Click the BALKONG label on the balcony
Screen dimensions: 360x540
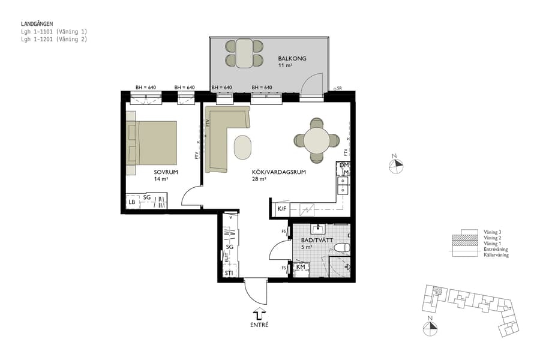tap(292, 58)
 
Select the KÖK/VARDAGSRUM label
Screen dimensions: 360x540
tap(279, 172)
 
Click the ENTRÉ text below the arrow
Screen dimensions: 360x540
tap(259, 325)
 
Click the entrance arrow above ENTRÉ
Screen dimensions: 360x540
tap(259, 314)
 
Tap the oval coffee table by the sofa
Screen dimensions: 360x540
tap(242, 147)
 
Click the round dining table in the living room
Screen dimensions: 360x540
tap(316, 141)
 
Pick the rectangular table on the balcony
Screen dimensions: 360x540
tap(244, 53)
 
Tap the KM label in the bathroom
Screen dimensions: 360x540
tap(301, 267)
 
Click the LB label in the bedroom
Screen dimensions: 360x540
tap(131, 202)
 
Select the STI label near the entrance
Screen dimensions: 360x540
tap(229, 274)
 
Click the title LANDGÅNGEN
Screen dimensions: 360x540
tap(37, 24)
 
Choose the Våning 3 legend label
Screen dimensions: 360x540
tap(492, 231)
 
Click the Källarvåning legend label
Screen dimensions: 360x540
tap(496, 255)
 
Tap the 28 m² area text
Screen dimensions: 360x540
tap(259, 179)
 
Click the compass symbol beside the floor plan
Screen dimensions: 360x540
tap(395, 166)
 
